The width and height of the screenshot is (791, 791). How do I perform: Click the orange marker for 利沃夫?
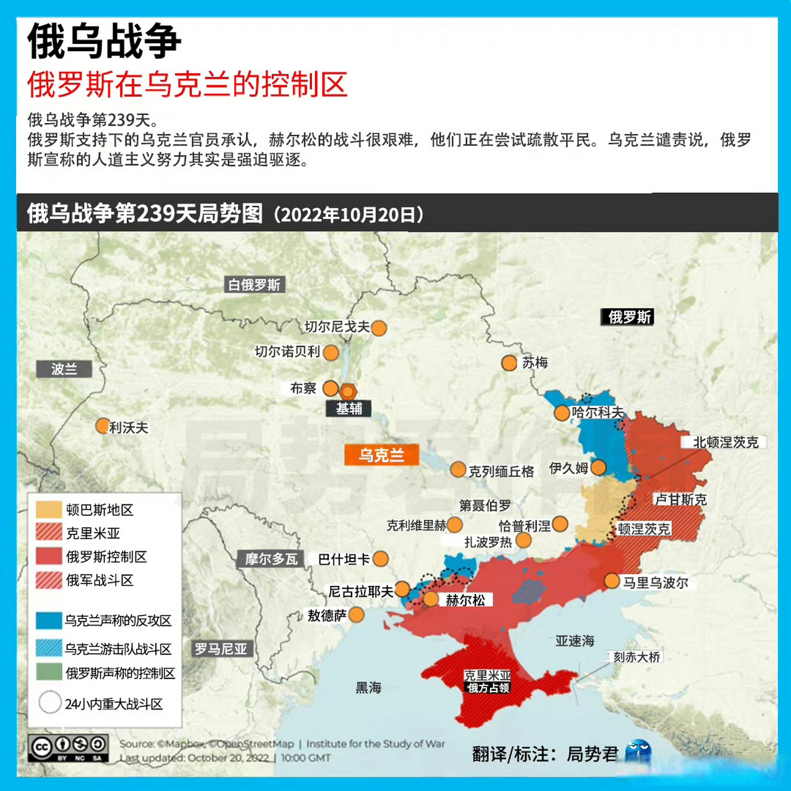[103, 426]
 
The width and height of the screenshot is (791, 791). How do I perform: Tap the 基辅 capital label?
[349, 408]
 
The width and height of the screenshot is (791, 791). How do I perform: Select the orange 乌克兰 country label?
[381, 455]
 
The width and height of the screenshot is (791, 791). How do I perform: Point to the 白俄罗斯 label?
[255, 285]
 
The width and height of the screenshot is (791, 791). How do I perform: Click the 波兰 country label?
[64, 369]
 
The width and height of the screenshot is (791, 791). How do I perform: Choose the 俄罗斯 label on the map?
[629, 317]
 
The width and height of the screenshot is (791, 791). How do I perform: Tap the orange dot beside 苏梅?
[509, 363]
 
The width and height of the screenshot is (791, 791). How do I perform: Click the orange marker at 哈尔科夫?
[562, 413]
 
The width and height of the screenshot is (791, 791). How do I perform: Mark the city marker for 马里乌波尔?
[612, 581]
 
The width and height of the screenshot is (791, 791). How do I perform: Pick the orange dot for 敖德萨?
[357, 614]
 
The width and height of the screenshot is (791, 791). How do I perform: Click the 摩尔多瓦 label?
[271, 559]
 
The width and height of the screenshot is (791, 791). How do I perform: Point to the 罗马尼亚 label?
[221, 649]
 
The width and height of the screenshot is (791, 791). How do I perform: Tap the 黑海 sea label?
[368, 688]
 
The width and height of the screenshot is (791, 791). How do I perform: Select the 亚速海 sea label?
[575, 641]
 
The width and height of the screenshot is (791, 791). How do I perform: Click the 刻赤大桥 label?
[637, 657]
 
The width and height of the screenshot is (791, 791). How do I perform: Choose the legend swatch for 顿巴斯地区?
[49, 509]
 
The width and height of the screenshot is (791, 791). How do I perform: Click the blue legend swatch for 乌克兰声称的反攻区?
[49, 620]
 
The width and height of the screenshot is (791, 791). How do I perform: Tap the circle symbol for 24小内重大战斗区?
[49, 703]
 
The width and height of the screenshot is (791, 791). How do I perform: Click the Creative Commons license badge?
[69, 747]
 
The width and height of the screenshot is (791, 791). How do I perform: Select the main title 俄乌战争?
[104, 41]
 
